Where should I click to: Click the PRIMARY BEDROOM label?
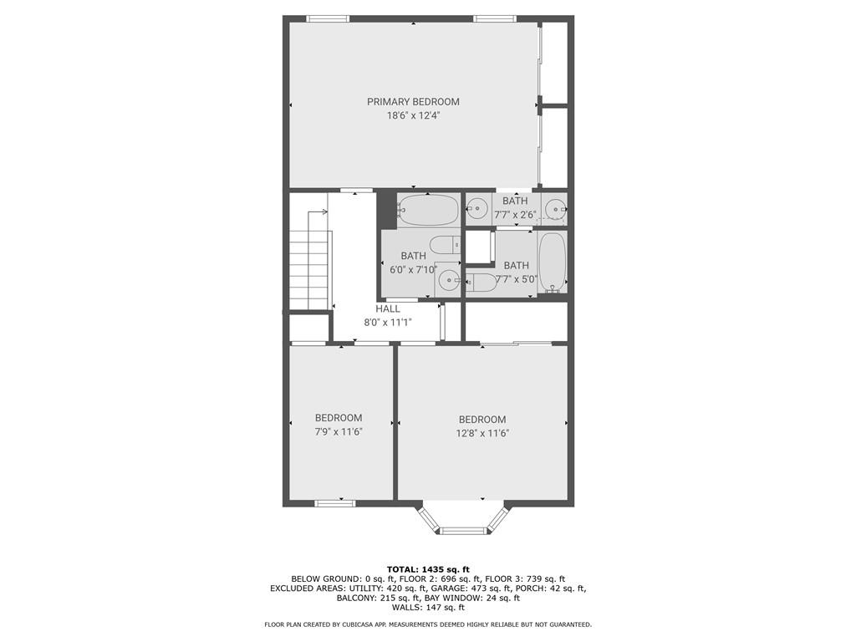[413, 102]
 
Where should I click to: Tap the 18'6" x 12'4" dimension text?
[413, 116]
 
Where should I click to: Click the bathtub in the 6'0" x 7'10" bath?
[427, 210]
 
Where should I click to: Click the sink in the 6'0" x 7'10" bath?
[448, 281]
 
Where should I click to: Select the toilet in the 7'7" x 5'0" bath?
[481, 282]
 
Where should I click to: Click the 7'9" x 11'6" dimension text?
[339, 431]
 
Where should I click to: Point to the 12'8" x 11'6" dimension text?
[482, 433]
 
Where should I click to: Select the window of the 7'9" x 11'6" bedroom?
[334, 502]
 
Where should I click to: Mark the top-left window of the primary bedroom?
[327, 18]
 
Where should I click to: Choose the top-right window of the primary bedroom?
[495, 18]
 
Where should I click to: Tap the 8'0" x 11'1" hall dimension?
[387, 322]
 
